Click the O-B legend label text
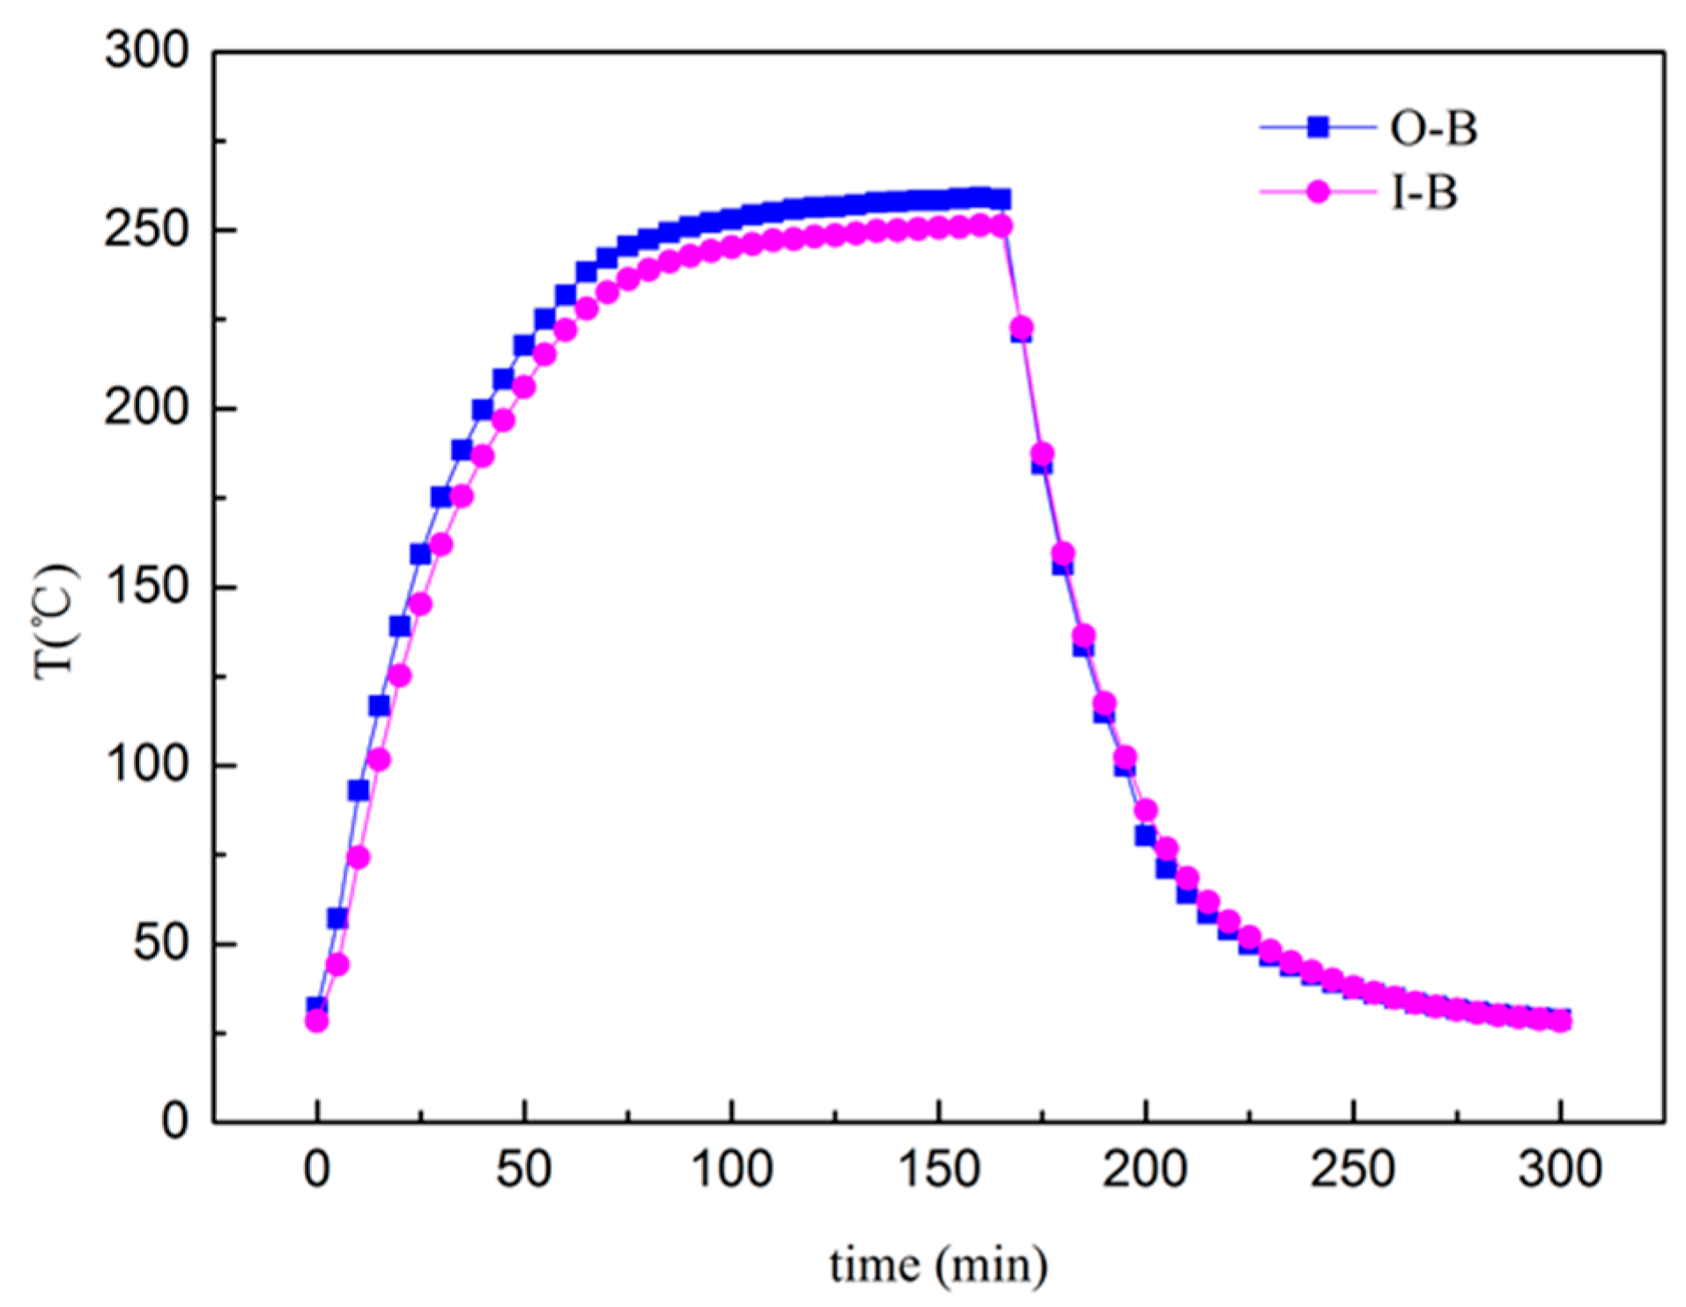[1433, 129]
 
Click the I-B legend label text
[1423, 192]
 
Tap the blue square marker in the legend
[1318, 128]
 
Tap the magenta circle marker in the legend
[1318, 191]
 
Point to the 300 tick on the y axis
[147, 50]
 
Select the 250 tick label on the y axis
[147, 230]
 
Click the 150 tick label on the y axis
[147, 587]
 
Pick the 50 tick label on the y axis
[161, 944]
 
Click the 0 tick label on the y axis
[175, 1121]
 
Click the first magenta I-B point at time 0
[316, 1021]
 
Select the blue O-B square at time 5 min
[337, 918]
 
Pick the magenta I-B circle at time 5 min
[337, 964]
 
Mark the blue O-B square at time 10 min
[359, 791]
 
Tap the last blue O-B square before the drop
[1001, 199]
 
